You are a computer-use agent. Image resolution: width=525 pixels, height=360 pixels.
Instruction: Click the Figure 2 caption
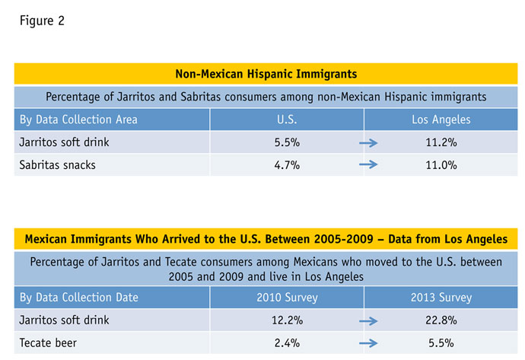click(x=42, y=21)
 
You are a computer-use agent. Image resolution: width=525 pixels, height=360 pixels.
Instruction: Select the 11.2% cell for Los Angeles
click(x=441, y=142)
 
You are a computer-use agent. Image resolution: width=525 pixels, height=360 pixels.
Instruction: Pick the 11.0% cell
click(x=441, y=164)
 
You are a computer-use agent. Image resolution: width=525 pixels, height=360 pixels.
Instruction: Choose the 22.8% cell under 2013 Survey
click(x=441, y=320)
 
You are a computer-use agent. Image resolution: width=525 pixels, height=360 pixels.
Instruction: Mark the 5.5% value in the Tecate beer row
click(x=441, y=343)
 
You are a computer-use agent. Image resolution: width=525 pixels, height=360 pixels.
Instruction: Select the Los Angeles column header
click(x=441, y=120)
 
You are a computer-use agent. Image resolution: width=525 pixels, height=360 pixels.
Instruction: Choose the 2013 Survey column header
click(x=441, y=298)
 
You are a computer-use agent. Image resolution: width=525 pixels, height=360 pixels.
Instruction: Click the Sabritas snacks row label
click(x=58, y=164)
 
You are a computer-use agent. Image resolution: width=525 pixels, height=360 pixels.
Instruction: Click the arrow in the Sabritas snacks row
click(x=369, y=164)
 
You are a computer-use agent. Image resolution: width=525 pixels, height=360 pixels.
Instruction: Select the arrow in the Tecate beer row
click(x=369, y=343)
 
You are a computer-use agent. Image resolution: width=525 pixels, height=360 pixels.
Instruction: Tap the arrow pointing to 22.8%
click(x=369, y=320)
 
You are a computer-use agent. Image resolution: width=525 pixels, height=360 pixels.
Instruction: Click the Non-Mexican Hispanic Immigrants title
click(x=266, y=74)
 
